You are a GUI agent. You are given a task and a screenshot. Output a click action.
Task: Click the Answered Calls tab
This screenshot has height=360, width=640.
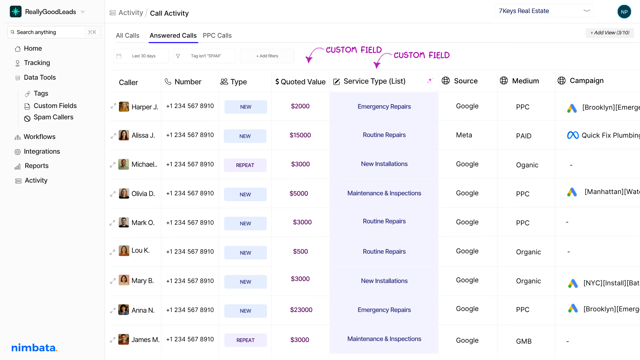coord(173,36)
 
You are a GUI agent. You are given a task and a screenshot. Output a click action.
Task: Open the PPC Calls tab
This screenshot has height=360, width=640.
coord(217,36)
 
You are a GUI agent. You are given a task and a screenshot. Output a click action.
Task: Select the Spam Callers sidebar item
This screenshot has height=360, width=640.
coord(53,117)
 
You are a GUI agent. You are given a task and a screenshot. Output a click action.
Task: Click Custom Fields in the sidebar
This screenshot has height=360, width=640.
coord(55,106)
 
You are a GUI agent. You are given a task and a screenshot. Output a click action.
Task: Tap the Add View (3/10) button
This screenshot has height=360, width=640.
coord(610,33)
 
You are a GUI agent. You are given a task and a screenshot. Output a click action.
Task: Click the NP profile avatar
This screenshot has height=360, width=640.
coord(624,12)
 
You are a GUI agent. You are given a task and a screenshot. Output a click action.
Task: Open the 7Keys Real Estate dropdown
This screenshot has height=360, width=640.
coord(544,11)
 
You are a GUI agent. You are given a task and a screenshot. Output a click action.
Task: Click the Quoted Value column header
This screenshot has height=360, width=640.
coord(300,82)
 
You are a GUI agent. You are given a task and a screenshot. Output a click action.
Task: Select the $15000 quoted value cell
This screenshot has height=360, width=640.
coord(300,135)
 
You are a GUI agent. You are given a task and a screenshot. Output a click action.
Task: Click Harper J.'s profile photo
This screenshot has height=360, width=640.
coord(124,107)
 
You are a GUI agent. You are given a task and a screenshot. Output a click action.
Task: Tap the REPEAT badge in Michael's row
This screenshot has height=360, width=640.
coord(245,165)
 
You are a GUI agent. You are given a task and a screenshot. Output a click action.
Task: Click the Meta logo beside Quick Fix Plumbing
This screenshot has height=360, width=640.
coord(573,135)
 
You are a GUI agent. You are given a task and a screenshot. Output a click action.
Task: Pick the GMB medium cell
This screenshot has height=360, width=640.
coord(524,341)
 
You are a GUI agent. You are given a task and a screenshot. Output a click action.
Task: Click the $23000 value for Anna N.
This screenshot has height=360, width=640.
coord(301,310)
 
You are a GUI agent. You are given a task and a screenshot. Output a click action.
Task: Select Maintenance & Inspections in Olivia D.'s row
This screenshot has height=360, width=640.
coord(384,193)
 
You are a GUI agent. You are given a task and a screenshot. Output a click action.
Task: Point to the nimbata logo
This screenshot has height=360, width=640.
coord(34,348)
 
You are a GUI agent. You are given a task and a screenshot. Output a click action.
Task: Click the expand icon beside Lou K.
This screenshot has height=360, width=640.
coord(113,252)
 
